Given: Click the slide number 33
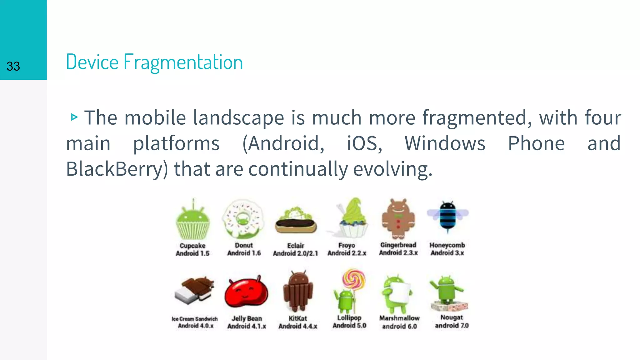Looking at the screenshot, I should (x=13, y=66).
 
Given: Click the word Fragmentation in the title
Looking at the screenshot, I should (x=183, y=62).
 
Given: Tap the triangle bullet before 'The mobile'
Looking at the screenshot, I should (x=74, y=117).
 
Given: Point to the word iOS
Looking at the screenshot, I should (x=364, y=143).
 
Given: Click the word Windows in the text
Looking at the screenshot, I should (x=445, y=143).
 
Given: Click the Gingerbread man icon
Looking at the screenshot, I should (x=398, y=219).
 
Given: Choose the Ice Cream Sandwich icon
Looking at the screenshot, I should (x=194, y=291).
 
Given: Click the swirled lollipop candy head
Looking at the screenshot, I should (x=354, y=278).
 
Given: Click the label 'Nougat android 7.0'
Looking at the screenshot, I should (x=452, y=322).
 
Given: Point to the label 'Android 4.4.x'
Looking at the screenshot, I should (x=298, y=326).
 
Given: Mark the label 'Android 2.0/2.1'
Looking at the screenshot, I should (x=295, y=253).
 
